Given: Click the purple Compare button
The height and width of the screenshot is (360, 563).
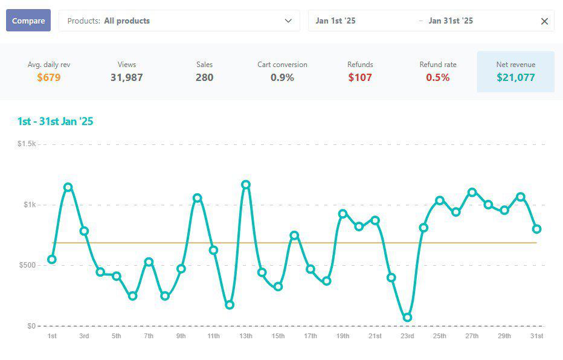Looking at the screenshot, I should coord(28,21).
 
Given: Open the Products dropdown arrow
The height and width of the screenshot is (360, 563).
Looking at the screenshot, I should coord(288,21).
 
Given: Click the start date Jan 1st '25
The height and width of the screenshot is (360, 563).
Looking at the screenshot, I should coord(335,21).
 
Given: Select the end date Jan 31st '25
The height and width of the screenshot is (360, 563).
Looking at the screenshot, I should coord(451,21).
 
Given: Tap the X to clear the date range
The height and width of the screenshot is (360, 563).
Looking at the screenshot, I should coord(544,21).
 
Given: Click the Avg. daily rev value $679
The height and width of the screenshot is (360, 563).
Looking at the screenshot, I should coord(49,77).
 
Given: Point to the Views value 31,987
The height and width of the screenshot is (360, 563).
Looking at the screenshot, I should coord(127,77).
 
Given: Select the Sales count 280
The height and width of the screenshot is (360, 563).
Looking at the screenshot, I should coord(204,77).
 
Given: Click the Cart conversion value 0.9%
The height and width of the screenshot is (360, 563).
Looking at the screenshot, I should coord(282,77).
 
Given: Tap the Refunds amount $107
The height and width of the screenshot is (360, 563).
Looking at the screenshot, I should coord(360,77).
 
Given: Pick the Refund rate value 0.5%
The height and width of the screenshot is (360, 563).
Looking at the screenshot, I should coord(438,77).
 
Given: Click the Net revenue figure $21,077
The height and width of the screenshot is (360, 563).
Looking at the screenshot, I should coord(516,77).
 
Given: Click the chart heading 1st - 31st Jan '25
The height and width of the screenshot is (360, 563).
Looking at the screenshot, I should coord(55,121).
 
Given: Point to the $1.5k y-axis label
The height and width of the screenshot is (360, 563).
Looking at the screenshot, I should coord(27,144).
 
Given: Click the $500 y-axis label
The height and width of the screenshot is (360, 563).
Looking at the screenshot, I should coord(28,265).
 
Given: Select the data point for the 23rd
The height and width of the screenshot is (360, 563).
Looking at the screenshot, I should coord(407,317).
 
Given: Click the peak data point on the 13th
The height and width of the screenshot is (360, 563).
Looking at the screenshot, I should coord(246,185).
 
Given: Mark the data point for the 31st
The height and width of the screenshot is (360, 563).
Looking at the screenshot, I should coord(536,229).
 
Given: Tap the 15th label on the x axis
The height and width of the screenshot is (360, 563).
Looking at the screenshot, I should coord(278,336).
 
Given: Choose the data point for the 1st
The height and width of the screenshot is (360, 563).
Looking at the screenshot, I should coord(52,260).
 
